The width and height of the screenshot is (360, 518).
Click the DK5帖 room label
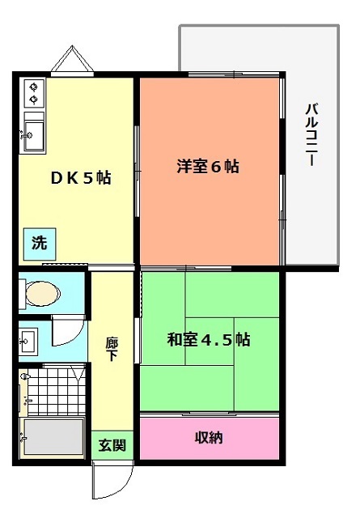(81, 178)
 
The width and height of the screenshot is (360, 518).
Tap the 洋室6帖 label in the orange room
(208, 166)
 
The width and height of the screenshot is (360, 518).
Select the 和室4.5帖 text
(209, 339)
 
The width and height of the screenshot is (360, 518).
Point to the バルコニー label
(311, 134)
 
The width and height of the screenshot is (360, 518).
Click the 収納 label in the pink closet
(209, 438)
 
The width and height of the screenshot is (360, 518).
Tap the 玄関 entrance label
(112, 445)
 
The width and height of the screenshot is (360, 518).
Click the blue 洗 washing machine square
(40, 244)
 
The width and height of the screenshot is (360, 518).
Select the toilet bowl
(43, 293)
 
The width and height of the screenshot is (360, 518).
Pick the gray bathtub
(54, 437)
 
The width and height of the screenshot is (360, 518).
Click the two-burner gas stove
(34, 93)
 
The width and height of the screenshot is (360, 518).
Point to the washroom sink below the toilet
(28, 341)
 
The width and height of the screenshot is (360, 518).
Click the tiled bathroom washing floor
(56, 390)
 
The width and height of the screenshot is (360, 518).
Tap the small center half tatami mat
(210, 342)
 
